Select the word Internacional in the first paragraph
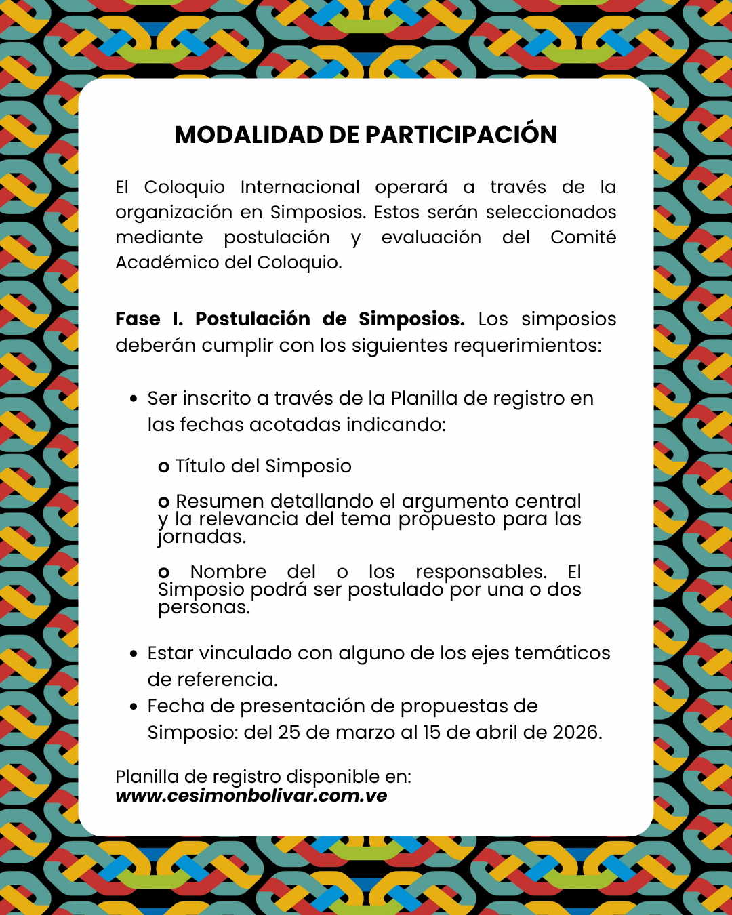pyautogui.click(x=300, y=187)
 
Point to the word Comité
pyautogui.click(x=583, y=237)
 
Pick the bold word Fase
pyautogui.click(x=138, y=319)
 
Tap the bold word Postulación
pyautogui.click(x=252, y=319)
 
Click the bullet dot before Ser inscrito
pyautogui.click(x=134, y=399)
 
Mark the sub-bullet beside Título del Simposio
pyautogui.click(x=163, y=467)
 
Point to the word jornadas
pyautogui.click(x=201, y=537)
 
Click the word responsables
pyautogui.click(x=481, y=572)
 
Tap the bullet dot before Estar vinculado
pyautogui.click(x=134, y=653)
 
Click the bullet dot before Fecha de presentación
pyautogui.click(x=134, y=706)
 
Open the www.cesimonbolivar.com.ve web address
pyautogui.click(x=251, y=796)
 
